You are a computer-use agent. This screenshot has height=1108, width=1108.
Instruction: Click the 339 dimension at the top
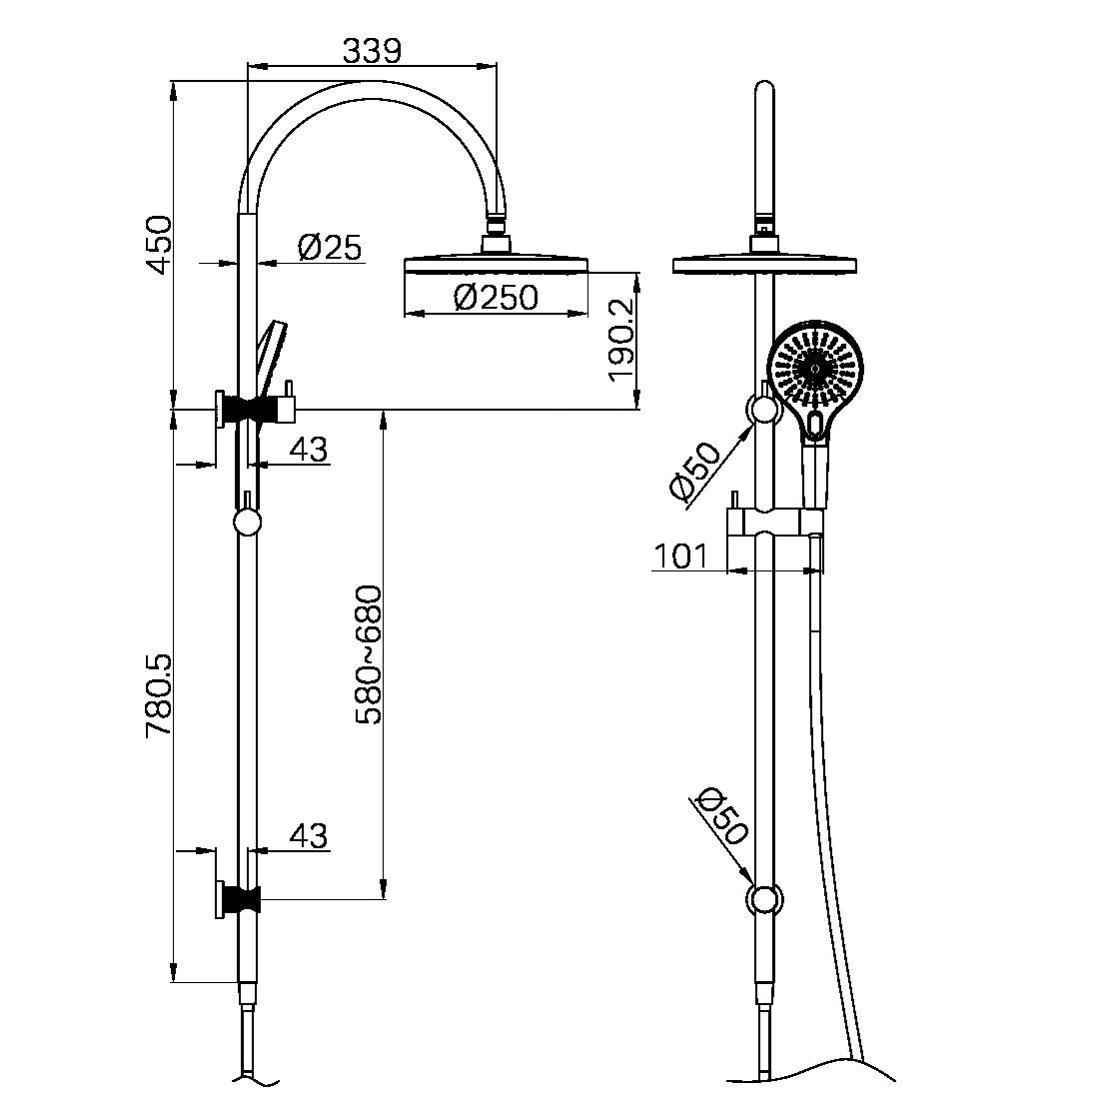(x=372, y=50)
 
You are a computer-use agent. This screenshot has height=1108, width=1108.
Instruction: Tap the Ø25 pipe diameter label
(x=330, y=247)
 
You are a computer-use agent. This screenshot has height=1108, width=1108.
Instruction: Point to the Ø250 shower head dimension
(x=496, y=297)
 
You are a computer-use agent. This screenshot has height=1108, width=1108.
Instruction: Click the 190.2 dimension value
(x=621, y=341)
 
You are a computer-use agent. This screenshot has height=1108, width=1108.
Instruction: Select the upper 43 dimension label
(x=308, y=450)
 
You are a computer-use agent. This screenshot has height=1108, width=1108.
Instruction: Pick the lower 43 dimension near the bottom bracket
(x=308, y=835)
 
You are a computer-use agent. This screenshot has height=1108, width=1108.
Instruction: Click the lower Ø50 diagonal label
(x=720, y=816)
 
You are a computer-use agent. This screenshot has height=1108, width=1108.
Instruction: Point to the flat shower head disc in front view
(x=765, y=264)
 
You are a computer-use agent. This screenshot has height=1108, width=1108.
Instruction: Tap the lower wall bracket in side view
(x=238, y=899)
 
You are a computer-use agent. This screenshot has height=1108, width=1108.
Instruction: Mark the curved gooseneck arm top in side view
(x=370, y=90)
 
